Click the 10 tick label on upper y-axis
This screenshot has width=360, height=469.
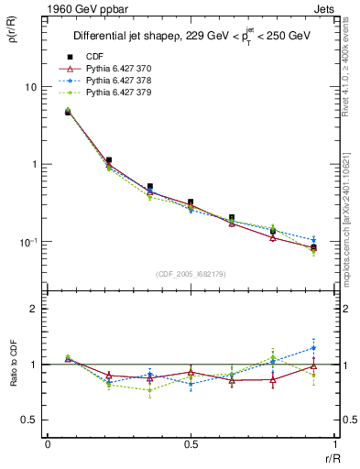click(30, 87)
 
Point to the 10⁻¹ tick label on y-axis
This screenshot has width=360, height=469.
click(28, 242)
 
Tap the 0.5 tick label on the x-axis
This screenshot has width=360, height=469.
click(191, 445)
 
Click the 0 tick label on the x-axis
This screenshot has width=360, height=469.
click(48, 445)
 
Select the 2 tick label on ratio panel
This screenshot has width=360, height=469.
click(34, 309)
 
